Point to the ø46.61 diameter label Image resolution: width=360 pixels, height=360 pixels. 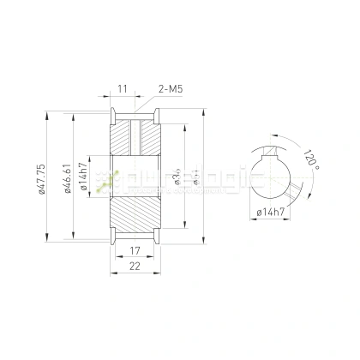pyautogui.click(x=68, y=179)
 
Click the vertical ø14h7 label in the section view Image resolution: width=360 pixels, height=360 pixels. pyautogui.click(x=83, y=179)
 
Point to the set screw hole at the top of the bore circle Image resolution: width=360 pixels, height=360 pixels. pyautogui.click(x=271, y=151)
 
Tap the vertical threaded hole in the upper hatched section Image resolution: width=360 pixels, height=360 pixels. pyautogui.click(x=135, y=138)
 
